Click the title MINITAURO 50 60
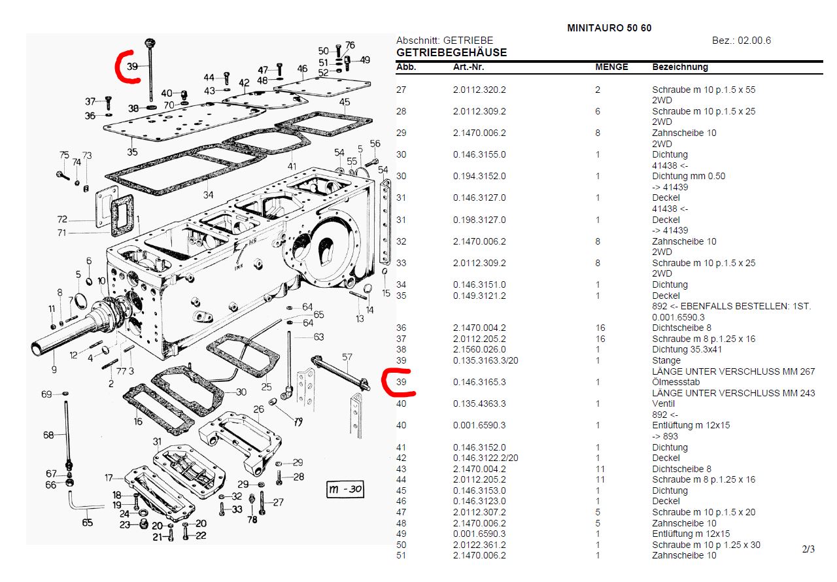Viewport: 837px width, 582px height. [609, 28]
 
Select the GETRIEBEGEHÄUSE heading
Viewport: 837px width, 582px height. [451, 53]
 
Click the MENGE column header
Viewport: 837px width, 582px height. [611, 67]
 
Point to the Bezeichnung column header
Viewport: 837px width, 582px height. [680, 67]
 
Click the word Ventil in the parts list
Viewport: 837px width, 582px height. [663, 404]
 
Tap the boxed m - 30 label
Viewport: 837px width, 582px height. [345, 489]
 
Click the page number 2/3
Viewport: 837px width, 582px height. [808, 549]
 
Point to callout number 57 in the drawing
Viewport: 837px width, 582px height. [347, 357]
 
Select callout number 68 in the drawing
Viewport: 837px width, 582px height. [48, 435]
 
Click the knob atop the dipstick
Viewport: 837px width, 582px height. [150, 43]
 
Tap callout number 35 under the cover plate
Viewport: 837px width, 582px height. [132, 152]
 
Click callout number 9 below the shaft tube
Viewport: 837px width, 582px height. [54, 370]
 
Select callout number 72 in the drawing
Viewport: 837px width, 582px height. [62, 219]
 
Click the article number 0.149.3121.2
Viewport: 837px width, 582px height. [479, 296]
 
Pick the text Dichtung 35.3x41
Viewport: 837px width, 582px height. [687, 350]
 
